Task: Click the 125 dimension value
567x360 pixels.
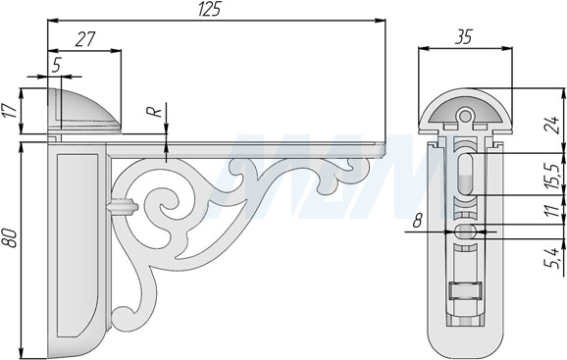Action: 209,9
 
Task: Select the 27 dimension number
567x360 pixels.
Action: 85,39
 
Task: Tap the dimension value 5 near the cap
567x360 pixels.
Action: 56,65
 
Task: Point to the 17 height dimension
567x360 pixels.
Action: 12,111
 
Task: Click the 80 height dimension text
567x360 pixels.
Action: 11,237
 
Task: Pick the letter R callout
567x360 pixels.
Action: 156,111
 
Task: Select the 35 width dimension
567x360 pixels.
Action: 464,37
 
